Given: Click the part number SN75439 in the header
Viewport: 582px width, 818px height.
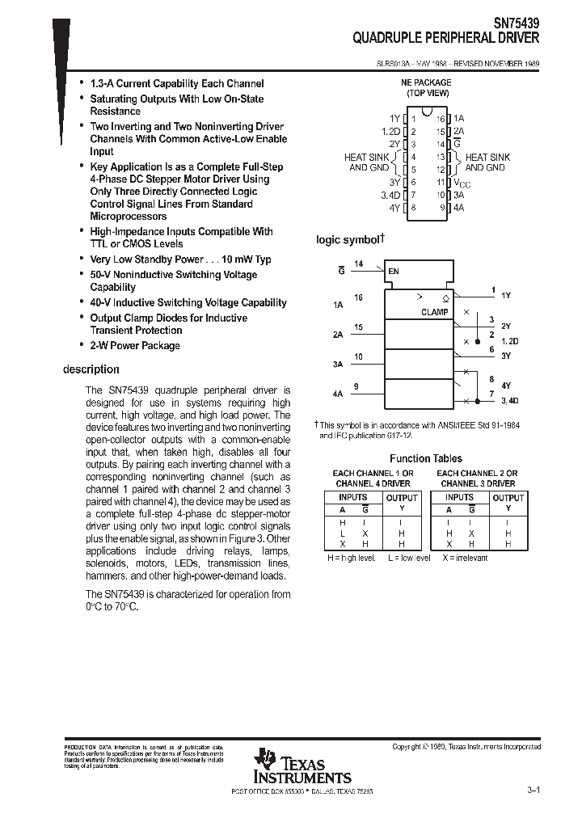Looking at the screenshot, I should point(517,24).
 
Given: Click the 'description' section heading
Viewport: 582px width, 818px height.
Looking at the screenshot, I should point(91,369).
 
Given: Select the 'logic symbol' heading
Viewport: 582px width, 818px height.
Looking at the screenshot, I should point(347,240).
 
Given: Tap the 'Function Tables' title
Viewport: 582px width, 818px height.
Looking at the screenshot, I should point(425,458).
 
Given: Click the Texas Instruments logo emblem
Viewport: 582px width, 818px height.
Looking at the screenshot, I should point(264,761).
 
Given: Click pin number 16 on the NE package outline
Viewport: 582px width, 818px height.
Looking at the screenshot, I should point(441,118).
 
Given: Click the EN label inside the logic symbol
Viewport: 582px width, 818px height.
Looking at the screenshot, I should point(394,271).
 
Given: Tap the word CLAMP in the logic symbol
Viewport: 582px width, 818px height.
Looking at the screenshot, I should point(434,312).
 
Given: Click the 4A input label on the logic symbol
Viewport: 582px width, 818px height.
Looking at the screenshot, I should point(337,394).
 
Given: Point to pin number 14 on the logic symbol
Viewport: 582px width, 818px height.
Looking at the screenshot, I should point(359,264).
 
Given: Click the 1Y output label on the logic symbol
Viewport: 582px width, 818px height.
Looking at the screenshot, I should point(506,296).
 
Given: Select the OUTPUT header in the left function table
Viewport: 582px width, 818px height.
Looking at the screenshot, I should point(401,498).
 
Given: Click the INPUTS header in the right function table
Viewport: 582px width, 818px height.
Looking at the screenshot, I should point(459,497).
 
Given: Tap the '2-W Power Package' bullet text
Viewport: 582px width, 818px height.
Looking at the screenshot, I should point(135,345).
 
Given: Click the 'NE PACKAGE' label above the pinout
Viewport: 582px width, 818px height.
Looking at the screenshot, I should point(426,82).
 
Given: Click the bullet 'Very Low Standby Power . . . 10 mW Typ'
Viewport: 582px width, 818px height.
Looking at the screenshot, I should point(180,259).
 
